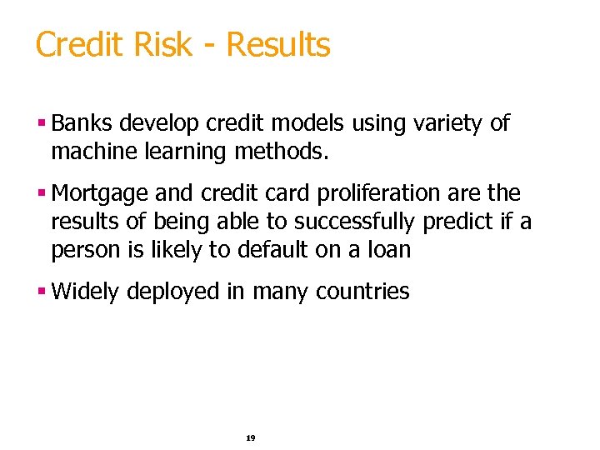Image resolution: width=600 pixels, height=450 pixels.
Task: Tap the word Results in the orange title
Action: click(278, 45)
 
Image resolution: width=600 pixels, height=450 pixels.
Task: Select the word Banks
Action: click(82, 124)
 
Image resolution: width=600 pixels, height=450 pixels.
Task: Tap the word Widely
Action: click(85, 292)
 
